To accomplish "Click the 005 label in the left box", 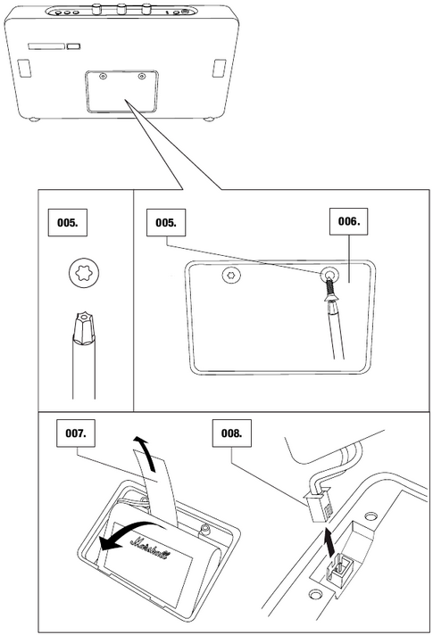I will pos(68,224).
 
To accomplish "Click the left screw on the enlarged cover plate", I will pos(232,276).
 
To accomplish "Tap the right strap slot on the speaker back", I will pos(219,68).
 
